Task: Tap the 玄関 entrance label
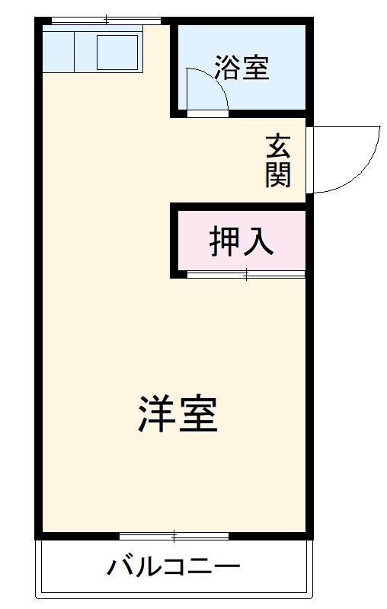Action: coord(278,161)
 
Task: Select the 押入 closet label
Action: coord(241,241)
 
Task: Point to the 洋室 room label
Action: coord(178,414)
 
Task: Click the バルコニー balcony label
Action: coord(174,567)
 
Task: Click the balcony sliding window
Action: coord(174,536)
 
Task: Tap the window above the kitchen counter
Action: coord(106,20)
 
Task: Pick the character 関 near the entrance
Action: coord(278,174)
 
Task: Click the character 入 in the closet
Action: coord(258,241)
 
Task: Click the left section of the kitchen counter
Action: coord(58,53)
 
